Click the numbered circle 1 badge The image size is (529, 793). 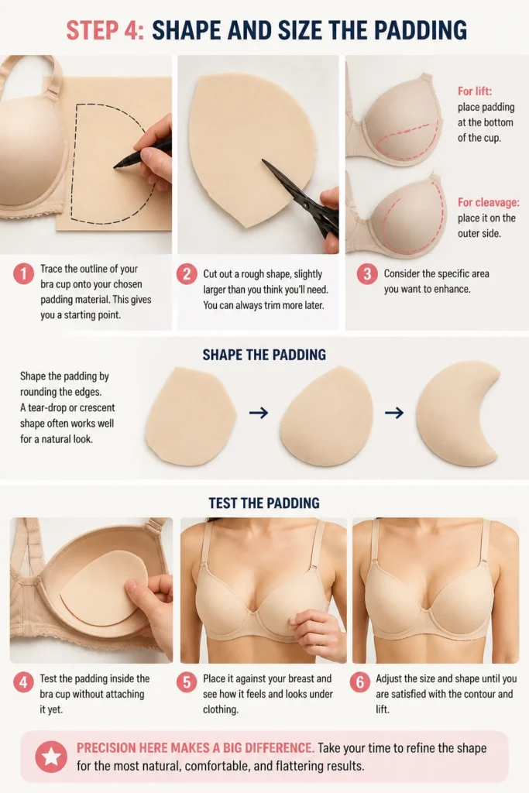(23, 273)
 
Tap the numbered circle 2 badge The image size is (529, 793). (187, 274)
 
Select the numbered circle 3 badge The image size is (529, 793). (367, 274)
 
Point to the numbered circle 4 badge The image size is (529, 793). (23, 682)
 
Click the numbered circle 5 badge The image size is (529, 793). (187, 682)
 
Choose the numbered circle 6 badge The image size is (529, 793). (359, 682)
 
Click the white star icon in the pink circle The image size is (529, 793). (51, 757)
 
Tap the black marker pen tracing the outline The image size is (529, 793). (143, 153)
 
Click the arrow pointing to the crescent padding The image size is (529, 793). (394, 414)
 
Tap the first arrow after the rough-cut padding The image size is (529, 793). (259, 414)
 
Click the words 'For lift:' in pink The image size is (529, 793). (474, 91)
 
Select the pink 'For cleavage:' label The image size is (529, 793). (488, 202)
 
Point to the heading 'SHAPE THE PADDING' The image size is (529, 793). (264, 355)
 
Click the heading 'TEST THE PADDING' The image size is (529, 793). (264, 503)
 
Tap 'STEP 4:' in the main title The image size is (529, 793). (105, 30)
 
